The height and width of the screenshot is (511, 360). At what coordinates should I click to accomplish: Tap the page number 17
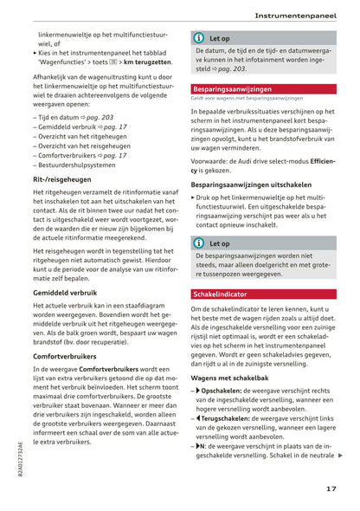coord(331,488)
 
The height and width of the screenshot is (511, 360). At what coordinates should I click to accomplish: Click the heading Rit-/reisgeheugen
coord(62,178)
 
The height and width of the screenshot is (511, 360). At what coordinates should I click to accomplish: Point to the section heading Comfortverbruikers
coord(65,356)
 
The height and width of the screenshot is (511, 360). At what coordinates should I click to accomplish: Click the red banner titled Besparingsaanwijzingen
coord(221,88)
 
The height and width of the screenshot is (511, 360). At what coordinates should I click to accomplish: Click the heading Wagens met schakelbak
coord(229,378)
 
